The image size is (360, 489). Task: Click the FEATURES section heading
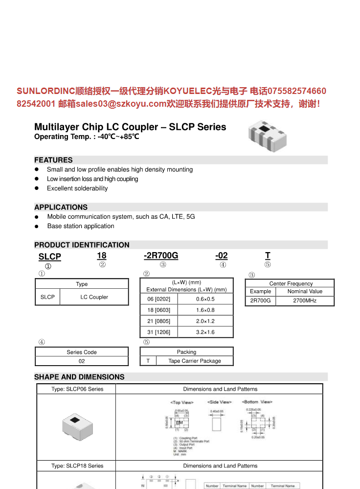(53, 160)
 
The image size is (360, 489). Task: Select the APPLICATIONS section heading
(61, 207)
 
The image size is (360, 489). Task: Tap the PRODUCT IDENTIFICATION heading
(82, 245)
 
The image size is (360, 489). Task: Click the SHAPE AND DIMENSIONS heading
(79, 377)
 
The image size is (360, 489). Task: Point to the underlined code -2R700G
(161, 256)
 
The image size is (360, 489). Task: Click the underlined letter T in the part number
(268, 256)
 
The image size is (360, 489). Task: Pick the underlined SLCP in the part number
(49, 256)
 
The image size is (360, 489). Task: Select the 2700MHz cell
(305, 301)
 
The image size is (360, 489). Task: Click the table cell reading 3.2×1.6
(205, 332)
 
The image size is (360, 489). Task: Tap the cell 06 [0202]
(158, 299)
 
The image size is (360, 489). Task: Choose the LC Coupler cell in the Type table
(94, 297)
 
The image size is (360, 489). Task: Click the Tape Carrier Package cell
(195, 361)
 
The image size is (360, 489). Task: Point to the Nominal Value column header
(305, 291)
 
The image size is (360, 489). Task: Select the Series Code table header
(82, 352)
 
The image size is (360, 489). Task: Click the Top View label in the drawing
(181, 402)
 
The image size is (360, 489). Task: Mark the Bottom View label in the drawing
(257, 402)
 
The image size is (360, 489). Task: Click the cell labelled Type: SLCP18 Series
(77, 466)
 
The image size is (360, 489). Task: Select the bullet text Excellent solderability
(77, 188)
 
